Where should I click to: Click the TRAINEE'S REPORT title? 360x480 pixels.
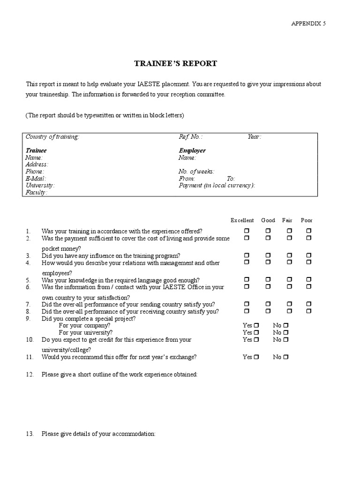coord(176,64)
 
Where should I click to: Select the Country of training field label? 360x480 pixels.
coord(52,137)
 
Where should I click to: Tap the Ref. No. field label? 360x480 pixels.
coord(190,137)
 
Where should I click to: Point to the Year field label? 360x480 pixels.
coord(254,137)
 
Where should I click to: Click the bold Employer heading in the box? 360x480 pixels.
coord(192,150)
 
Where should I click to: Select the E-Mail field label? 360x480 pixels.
coord(35,179)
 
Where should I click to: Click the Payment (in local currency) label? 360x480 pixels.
coord(217,186)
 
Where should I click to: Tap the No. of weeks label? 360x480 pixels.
coord(196,172)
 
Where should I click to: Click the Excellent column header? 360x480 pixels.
coord(242,220)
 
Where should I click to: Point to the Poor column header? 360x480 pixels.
coord(307,220)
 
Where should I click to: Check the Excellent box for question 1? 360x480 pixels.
coord(247,231)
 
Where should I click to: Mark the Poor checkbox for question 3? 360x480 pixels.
coord(308,256)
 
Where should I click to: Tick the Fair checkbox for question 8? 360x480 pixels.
coord(290,311)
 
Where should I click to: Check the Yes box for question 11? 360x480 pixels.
coord(256,357)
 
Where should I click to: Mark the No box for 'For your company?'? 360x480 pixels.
coord(286,325)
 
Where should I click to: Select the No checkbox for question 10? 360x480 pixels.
coord(286,339)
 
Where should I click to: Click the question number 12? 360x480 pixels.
coord(30,375)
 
